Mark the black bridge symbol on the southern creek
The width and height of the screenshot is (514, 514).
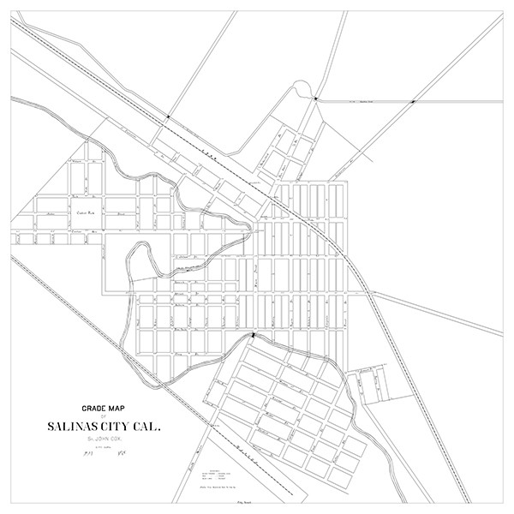[253, 336]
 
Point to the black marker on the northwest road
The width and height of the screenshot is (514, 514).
[169, 115]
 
